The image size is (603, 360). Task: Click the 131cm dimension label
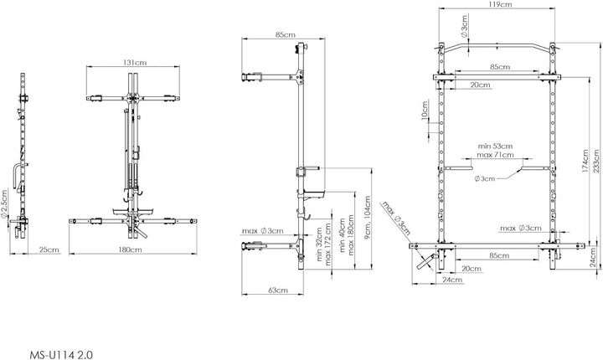(135, 62)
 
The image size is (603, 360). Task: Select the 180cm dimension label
(130, 249)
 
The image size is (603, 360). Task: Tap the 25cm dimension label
(49, 249)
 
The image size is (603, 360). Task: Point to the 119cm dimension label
(500, 4)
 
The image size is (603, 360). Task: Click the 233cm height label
(595, 162)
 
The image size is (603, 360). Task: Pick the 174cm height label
(585, 161)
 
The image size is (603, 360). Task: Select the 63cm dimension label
(278, 290)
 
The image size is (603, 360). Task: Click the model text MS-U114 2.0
(61, 355)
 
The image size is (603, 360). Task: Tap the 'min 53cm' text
(495, 147)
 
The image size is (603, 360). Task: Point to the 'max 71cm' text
(495, 155)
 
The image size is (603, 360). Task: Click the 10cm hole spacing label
(425, 111)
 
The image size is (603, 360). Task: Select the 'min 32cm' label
(319, 244)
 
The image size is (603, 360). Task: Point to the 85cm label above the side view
(286, 34)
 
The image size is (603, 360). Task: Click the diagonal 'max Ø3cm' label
(396, 218)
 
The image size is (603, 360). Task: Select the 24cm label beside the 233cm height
(595, 257)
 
